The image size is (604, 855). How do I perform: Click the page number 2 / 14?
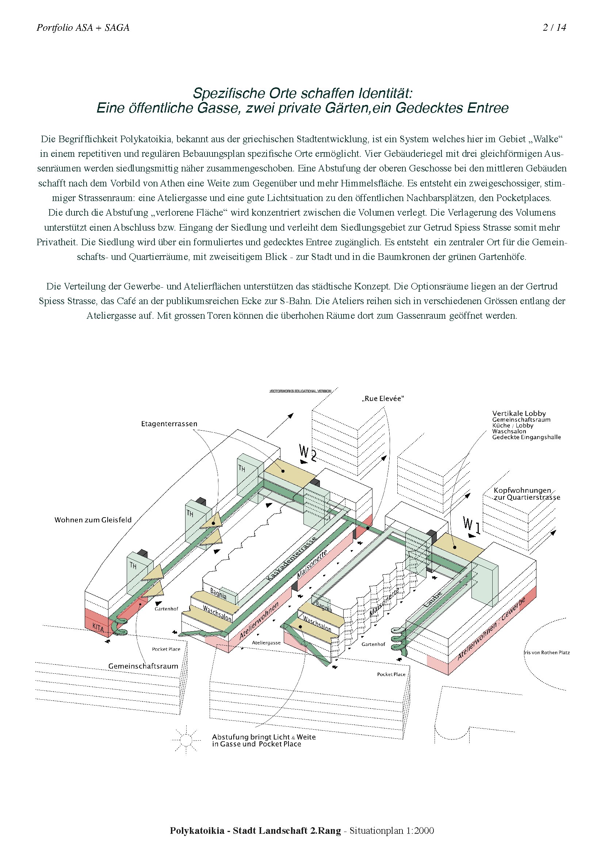tap(554, 27)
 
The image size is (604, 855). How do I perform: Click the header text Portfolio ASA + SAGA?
tap(83, 27)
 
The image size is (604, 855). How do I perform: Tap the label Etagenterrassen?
tap(169, 424)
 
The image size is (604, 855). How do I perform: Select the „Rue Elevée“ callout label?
tap(383, 398)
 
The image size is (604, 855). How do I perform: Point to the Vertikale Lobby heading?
tap(519, 413)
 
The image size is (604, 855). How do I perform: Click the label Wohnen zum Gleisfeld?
tap(93, 520)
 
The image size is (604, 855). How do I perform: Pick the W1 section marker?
tap(471, 526)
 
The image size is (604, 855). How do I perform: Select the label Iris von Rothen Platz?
tap(547, 652)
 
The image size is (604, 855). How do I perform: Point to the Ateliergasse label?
tap(266, 642)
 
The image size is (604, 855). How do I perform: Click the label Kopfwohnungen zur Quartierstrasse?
tap(527, 494)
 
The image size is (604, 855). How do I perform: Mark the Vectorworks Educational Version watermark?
tap(301, 391)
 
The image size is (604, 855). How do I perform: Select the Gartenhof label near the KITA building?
tap(166, 609)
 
